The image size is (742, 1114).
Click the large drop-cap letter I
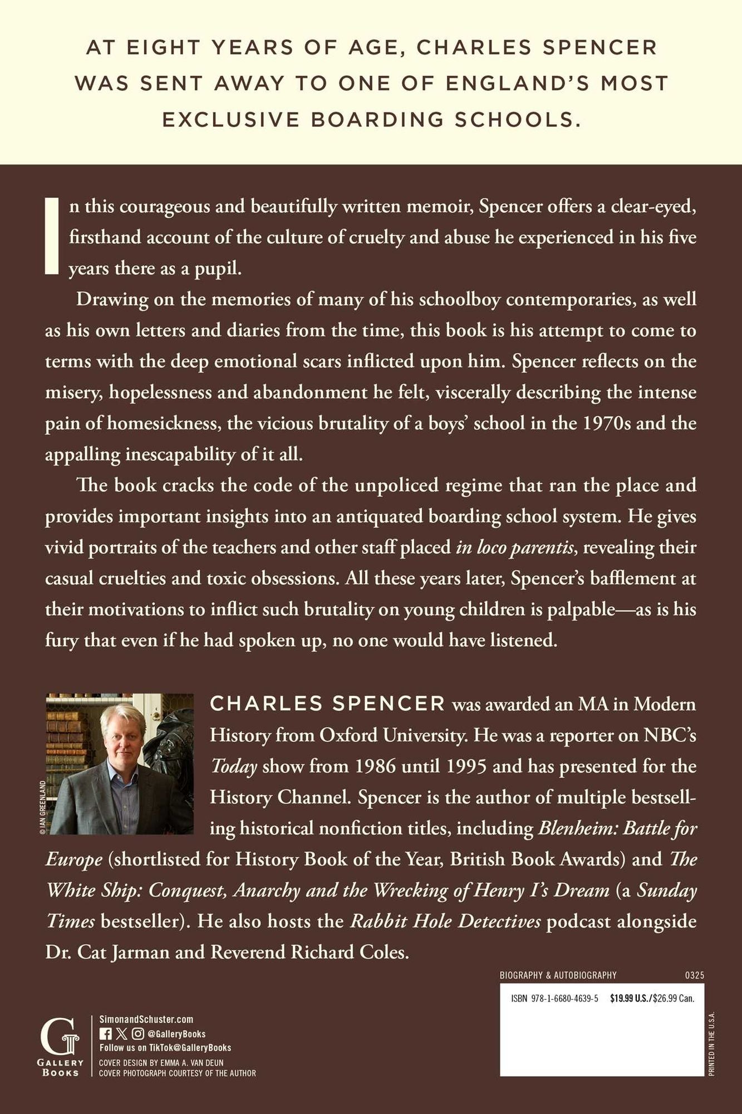pos(52,236)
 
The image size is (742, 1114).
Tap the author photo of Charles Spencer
pos(119,764)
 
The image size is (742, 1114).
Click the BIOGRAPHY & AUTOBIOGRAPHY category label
pos(558,975)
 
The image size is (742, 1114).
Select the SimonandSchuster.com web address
pos(146,1019)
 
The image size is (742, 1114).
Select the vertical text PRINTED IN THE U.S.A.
pos(711,1044)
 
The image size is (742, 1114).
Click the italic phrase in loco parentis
pos(514,548)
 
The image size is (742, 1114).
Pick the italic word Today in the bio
pos(233,767)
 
